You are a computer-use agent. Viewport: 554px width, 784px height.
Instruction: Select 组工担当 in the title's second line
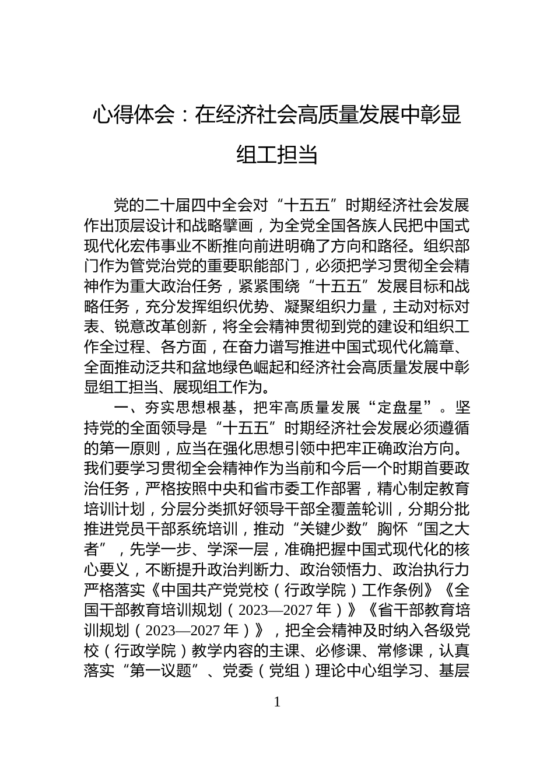(277, 155)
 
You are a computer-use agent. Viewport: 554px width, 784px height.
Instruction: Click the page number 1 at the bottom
(277, 702)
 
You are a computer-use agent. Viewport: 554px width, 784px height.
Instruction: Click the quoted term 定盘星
(406, 407)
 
